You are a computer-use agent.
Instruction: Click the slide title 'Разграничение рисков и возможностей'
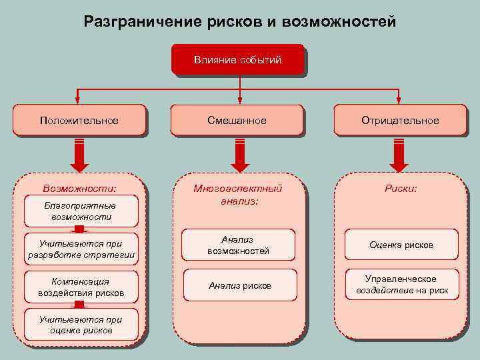(x=240, y=22)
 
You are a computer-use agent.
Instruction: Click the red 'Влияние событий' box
(x=238, y=60)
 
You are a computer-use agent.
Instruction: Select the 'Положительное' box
(x=79, y=121)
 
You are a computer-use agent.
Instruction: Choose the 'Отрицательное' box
(x=400, y=121)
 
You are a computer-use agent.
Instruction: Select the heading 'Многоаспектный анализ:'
(x=239, y=194)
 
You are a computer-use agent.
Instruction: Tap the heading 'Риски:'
(x=401, y=189)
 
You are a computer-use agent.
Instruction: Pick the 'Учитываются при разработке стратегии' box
(x=81, y=249)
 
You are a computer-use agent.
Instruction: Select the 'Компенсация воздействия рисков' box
(x=81, y=287)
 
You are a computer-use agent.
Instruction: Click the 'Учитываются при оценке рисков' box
(x=81, y=325)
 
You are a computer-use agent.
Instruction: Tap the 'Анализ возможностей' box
(x=239, y=245)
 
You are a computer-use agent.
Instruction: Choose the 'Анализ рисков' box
(x=239, y=285)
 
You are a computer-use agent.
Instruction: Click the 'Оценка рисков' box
(x=401, y=245)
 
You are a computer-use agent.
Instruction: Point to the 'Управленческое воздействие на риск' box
(x=401, y=285)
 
